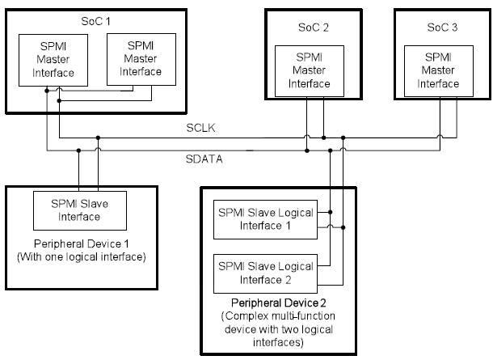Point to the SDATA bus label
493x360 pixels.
point(202,159)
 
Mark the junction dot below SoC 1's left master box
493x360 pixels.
point(47,91)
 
